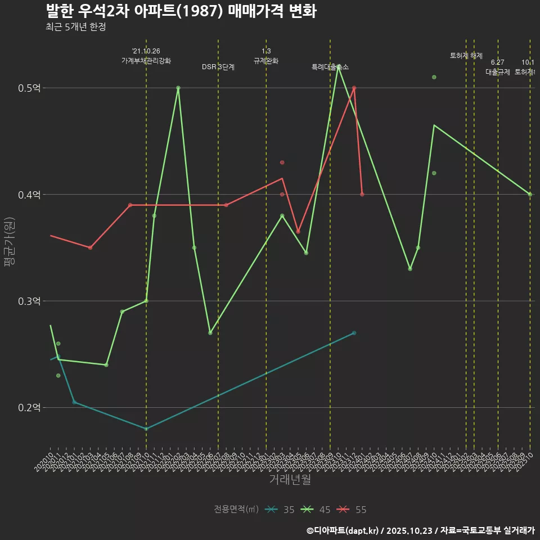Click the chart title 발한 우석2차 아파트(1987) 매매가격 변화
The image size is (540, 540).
(x=180, y=11)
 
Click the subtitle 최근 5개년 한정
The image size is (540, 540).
(x=75, y=26)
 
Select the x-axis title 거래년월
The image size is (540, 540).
(x=290, y=480)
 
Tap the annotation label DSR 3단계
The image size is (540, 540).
(x=218, y=67)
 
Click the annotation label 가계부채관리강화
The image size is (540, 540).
(x=146, y=60)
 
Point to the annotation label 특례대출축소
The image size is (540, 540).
(x=330, y=67)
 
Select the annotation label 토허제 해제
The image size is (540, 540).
(x=466, y=56)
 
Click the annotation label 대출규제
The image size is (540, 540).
(x=498, y=72)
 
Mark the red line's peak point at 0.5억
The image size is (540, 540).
(x=354, y=88)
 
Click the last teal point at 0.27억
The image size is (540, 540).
(x=354, y=333)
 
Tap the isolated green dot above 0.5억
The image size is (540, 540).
(x=434, y=77)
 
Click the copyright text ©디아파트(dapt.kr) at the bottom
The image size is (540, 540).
(x=344, y=530)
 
